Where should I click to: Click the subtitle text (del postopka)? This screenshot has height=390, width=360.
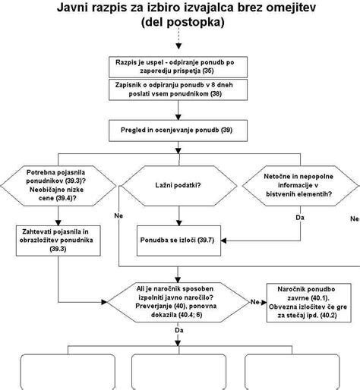[181, 24]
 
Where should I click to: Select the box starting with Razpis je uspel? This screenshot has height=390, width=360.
[179, 70]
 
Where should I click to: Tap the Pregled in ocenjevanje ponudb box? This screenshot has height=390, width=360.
[179, 131]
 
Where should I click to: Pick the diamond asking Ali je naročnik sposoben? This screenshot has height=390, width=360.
[179, 301]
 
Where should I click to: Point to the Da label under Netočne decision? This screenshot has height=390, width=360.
[300, 218]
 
